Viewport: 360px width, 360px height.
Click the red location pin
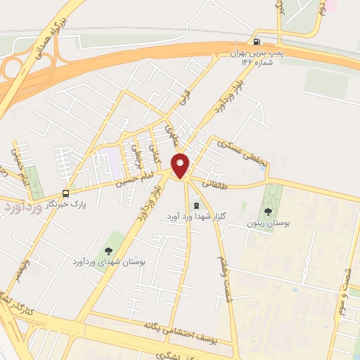tap(181, 165)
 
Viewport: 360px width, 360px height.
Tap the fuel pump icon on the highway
tap(264, 42)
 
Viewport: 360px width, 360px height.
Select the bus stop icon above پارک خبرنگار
tap(65, 193)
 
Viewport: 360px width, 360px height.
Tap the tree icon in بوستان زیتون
tap(268, 210)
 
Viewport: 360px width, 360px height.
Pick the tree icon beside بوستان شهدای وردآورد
tap(108, 250)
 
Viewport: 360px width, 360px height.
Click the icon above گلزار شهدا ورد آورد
tap(195, 205)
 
